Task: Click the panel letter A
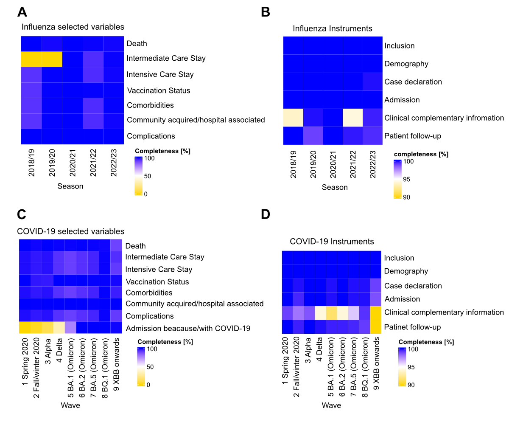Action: pyautogui.click(x=22, y=11)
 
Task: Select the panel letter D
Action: pyautogui.click(x=266, y=214)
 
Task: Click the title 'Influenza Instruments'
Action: pyautogui.click(x=333, y=28)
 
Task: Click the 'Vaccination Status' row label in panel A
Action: pyautogui.click(x=159, y=90)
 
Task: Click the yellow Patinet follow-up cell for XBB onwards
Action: pyautogui.click(x=375, y=327)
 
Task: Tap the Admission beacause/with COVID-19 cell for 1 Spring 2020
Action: pyautogui.click(x=25, y=328)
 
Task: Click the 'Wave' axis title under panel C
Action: pyautogui.click(x=70, y=405)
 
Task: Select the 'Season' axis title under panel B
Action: pyautogui.click(x=335, y=187)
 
